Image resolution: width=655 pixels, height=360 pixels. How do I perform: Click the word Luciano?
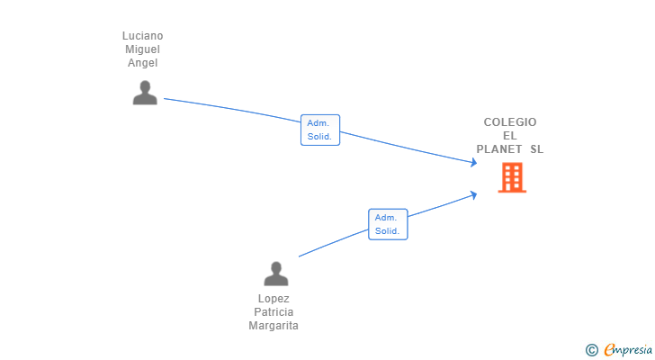tap(142, 36)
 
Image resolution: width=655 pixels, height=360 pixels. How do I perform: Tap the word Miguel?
tap(142, 49)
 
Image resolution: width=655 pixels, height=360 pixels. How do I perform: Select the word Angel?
tap(142, 63)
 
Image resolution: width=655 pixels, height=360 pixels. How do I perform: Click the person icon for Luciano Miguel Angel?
tap(145, 93)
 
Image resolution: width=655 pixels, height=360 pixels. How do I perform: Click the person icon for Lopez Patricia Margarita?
tap(276, 274)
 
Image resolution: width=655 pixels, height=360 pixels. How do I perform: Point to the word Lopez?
tap(274, 299)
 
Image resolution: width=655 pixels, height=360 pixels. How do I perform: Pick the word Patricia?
tap(274, 312)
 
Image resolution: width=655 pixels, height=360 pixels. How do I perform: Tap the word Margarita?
tap(274, 325)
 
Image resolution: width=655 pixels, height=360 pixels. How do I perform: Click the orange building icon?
tap(512, 177)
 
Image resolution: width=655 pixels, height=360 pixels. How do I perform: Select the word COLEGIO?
tap(510, 121)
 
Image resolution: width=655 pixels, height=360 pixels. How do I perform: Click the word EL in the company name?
tap(510, 136)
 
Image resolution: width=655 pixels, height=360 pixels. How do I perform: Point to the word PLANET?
tap(498, 149)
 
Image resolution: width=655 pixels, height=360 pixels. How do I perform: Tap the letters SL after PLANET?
tap(537, 149)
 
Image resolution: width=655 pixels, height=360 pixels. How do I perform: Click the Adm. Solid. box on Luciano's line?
tap(320, 130)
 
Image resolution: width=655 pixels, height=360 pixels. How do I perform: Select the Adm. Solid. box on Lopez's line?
tap(388, 224)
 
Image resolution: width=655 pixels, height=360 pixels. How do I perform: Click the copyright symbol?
tap(591, 350)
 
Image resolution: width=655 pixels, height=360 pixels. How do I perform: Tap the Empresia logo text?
tap(628, 350)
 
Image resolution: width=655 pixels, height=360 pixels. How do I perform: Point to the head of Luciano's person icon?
tap(145, 87)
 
